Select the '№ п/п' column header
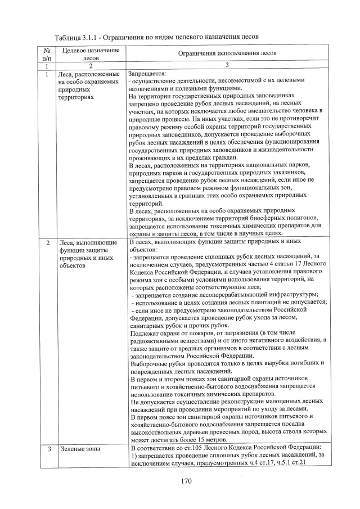pos(45,54)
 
